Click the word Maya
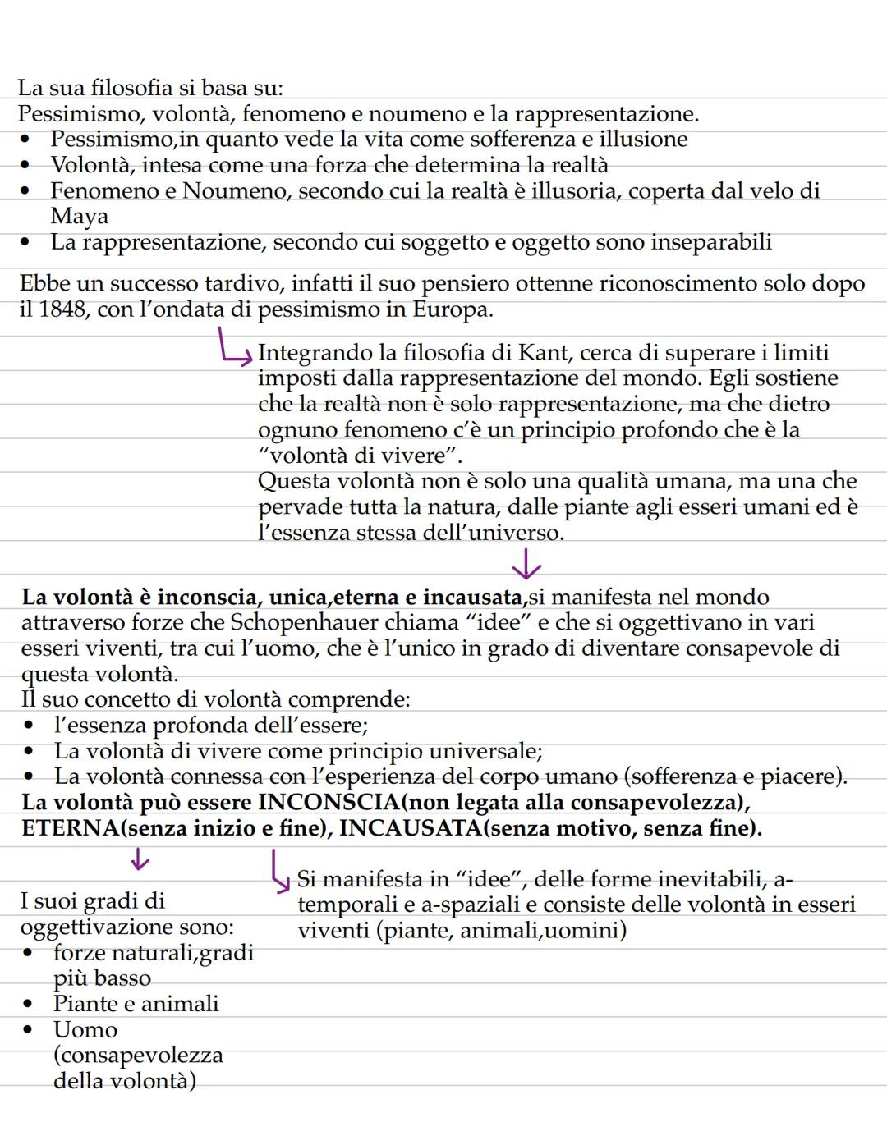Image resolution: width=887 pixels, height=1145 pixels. [x=79, y=217]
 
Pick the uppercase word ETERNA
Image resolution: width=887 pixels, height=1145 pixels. [x=70, y=828]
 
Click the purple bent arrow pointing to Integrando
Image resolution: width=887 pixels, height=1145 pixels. [x=233, y=346]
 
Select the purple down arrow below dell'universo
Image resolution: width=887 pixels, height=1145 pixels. [x=526, y=565]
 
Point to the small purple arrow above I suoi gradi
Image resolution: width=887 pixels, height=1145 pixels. [x=140, y=859]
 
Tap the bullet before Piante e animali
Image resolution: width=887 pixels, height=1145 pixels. [x=30, y=1005]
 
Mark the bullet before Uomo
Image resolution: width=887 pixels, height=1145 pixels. [x=30, y=1030]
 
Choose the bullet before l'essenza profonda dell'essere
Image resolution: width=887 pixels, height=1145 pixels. [x=30, y=726]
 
